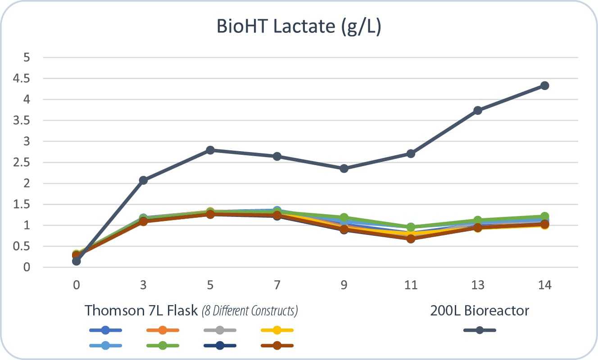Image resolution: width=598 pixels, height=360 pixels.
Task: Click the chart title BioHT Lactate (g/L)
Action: point(299,27)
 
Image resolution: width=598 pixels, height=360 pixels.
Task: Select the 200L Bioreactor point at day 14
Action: point(544,85)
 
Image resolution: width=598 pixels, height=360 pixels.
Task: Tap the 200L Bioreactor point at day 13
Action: point(478,110)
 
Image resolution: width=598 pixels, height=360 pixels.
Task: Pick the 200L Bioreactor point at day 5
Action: point(210,150)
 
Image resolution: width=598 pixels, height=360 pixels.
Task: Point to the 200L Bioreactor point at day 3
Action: point(143,180)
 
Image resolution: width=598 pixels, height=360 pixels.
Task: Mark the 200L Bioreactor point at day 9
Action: point(344,168)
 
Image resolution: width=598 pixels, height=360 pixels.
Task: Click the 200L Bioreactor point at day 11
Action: point(411,153)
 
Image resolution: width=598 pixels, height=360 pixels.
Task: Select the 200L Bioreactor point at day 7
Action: point(277,156)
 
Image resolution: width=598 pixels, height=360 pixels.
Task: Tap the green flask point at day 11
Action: point(411,227)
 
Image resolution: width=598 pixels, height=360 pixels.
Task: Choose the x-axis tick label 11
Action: point(411,285)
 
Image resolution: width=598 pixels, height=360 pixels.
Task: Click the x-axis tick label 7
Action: point(277,285)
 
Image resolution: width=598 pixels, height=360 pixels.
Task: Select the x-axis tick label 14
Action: point(544,285)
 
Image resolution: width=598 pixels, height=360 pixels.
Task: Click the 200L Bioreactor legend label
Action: point(480,310)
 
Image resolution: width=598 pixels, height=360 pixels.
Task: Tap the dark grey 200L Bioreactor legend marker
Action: point(480,330)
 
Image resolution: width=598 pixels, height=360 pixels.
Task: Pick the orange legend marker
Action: point(163,330)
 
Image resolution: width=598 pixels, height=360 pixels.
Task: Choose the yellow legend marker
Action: point(277,330)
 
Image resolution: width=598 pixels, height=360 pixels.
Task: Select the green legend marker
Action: point(163,346)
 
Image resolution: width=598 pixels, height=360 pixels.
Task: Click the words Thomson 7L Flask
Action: point(141,310)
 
